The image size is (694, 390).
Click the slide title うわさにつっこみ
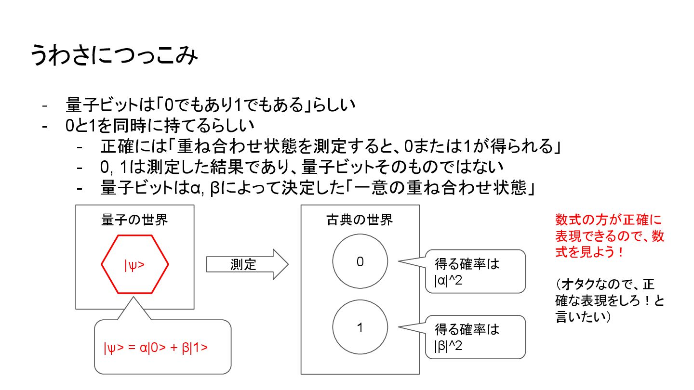pos(114,56)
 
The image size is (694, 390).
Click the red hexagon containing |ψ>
pos(134,264)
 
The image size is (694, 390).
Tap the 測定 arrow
pos(246,264)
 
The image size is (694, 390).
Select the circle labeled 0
pos(360,261)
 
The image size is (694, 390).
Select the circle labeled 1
pos(360,328)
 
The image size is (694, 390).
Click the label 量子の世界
pos(134,220)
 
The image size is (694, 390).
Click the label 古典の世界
pos(360,220)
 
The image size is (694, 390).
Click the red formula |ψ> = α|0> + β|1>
pos(156,347)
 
